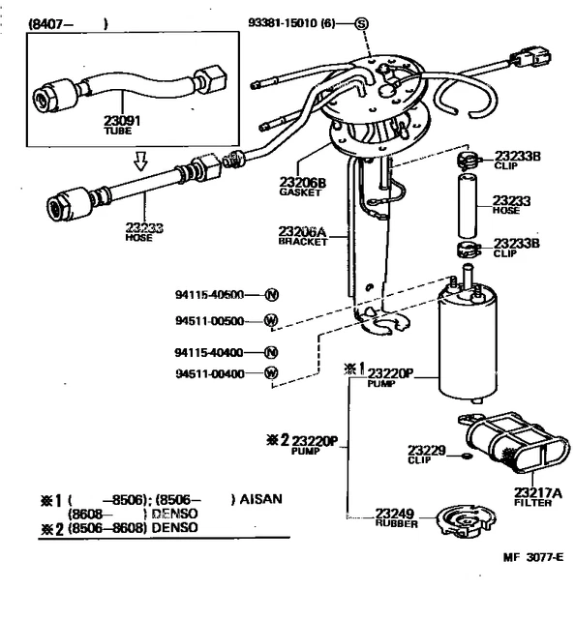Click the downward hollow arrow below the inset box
tap(141, 159)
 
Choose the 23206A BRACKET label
tap(276, 236)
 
